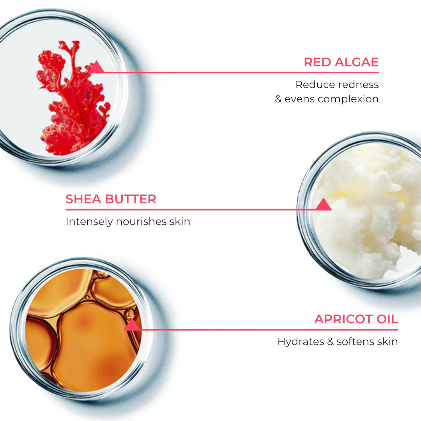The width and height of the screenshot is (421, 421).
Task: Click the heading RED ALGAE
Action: [341, 62]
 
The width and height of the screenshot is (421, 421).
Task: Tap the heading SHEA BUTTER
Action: [111, 199]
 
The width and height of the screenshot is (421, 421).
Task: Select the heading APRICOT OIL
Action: [356, 319]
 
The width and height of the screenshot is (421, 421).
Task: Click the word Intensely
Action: [89, 222]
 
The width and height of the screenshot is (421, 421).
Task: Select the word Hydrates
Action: [301, 342]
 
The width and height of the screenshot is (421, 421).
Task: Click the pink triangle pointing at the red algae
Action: [96, 67]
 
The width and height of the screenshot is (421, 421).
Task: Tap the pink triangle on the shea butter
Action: [324, 204]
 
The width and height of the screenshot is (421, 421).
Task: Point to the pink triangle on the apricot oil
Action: [132, 324]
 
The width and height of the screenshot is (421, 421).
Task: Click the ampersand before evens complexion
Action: [278, 99]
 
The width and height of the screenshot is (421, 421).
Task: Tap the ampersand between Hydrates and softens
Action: [331, 341]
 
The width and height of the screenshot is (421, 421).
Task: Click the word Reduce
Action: [313, 85]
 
